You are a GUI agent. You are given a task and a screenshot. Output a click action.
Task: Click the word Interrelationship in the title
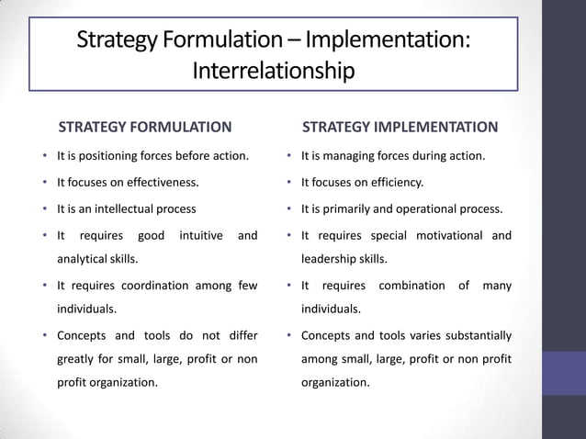pyautogui.click(x=273, y=71)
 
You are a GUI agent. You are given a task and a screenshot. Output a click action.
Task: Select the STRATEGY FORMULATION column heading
pyautogui.click(x=145, y=127)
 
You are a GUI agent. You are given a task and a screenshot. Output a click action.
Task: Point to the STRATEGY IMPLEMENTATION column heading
pyautogui.click(x=400, y=127)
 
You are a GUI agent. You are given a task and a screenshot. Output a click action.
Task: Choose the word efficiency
pyautogui.click(x=395, y=182)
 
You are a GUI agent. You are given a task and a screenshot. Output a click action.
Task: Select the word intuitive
pyautogui.click(x=201, y=235)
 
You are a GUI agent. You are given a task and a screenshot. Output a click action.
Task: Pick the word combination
pyautogui.click(x=411, y=286)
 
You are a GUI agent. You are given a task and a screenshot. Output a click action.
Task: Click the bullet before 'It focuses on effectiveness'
pyautogui.click(x=45, y=183)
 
